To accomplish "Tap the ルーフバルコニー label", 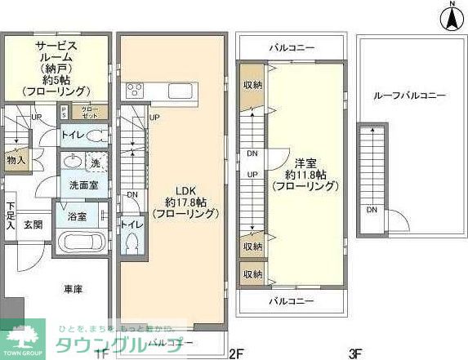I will pyautogui.click(x=409, y=96).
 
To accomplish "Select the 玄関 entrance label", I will pyautogui.click(x=33, y=224).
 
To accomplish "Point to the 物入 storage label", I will pyautogui.click(x=16, y=161).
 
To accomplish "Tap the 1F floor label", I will pyautogui.click(x=100, y=353).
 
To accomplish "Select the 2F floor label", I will pyautogui.click(x=237, y=353).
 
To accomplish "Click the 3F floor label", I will pyautogui.click(x=355, y=353).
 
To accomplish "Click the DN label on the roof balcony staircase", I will pyautogui.click(x=371, y=211).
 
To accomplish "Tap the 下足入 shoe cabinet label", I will pyautogui.click(x=10, y=215).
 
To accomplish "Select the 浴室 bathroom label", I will pyautogui.click(x=76, y=216).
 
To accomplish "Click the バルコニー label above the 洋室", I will pyautogui.click(x=292, y=48).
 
